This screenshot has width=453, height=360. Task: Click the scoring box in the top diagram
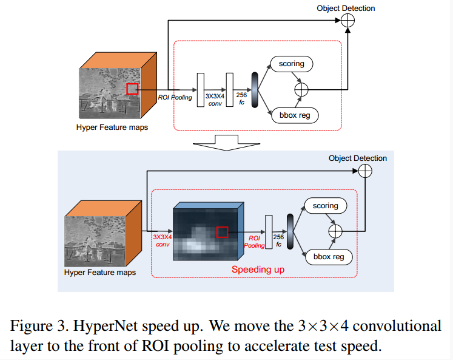pos(292,64)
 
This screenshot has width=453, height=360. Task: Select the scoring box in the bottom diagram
pos(326,206)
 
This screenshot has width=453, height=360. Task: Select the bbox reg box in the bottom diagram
pos(329,257)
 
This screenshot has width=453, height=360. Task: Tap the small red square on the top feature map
pos(132,89)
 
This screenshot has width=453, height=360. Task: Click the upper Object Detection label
pos(346,8)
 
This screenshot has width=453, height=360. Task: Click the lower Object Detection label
pos(358,158)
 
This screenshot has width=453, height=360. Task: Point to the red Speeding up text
pos(258,268)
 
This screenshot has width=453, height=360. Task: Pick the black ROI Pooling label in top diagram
pos(175,97)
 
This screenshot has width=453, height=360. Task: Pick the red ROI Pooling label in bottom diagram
pos(255,242)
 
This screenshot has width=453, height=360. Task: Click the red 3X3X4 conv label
pos(162,240)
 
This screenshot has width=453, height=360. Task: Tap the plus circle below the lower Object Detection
pos(365,171)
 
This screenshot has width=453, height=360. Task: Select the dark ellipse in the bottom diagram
pos(290,231)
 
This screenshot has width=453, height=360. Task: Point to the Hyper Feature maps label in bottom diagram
pos(100,272)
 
